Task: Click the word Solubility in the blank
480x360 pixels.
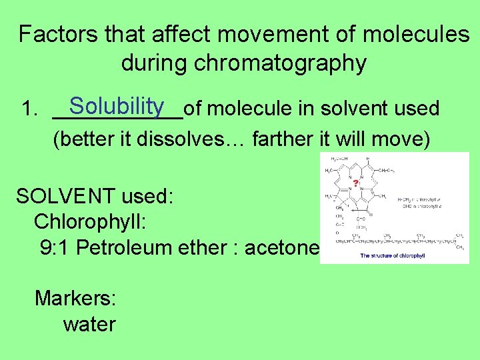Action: [117, 105]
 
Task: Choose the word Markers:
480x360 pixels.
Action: [75, 298]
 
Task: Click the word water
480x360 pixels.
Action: [89, 325]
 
